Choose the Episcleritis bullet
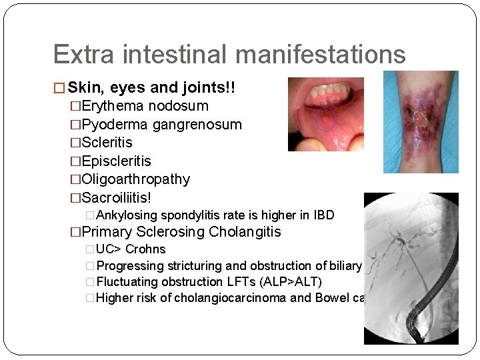116,161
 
